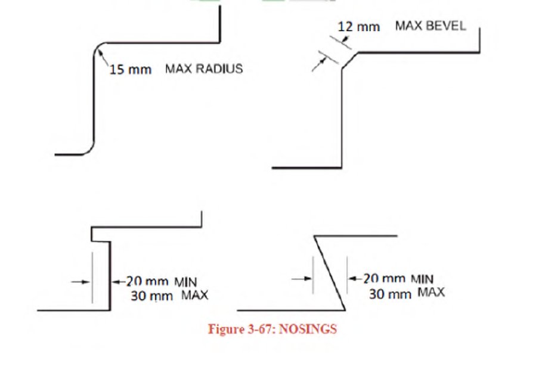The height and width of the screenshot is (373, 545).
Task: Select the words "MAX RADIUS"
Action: (x=204, y=69)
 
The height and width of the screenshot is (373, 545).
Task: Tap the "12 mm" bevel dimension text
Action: (x=358, y=27)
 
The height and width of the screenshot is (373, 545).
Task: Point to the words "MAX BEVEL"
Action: (x=430, y=26)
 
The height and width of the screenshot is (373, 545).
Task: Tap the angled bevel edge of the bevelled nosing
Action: (x=349, y=60)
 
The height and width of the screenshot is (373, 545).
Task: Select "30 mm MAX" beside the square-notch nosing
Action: (x=169, y=296)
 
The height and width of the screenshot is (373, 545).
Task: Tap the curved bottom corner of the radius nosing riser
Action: (x=88, y=149)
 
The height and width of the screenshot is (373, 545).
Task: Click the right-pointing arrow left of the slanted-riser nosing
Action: (x=302, y=278)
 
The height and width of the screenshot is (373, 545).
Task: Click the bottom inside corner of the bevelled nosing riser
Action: (x=342, y=167)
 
